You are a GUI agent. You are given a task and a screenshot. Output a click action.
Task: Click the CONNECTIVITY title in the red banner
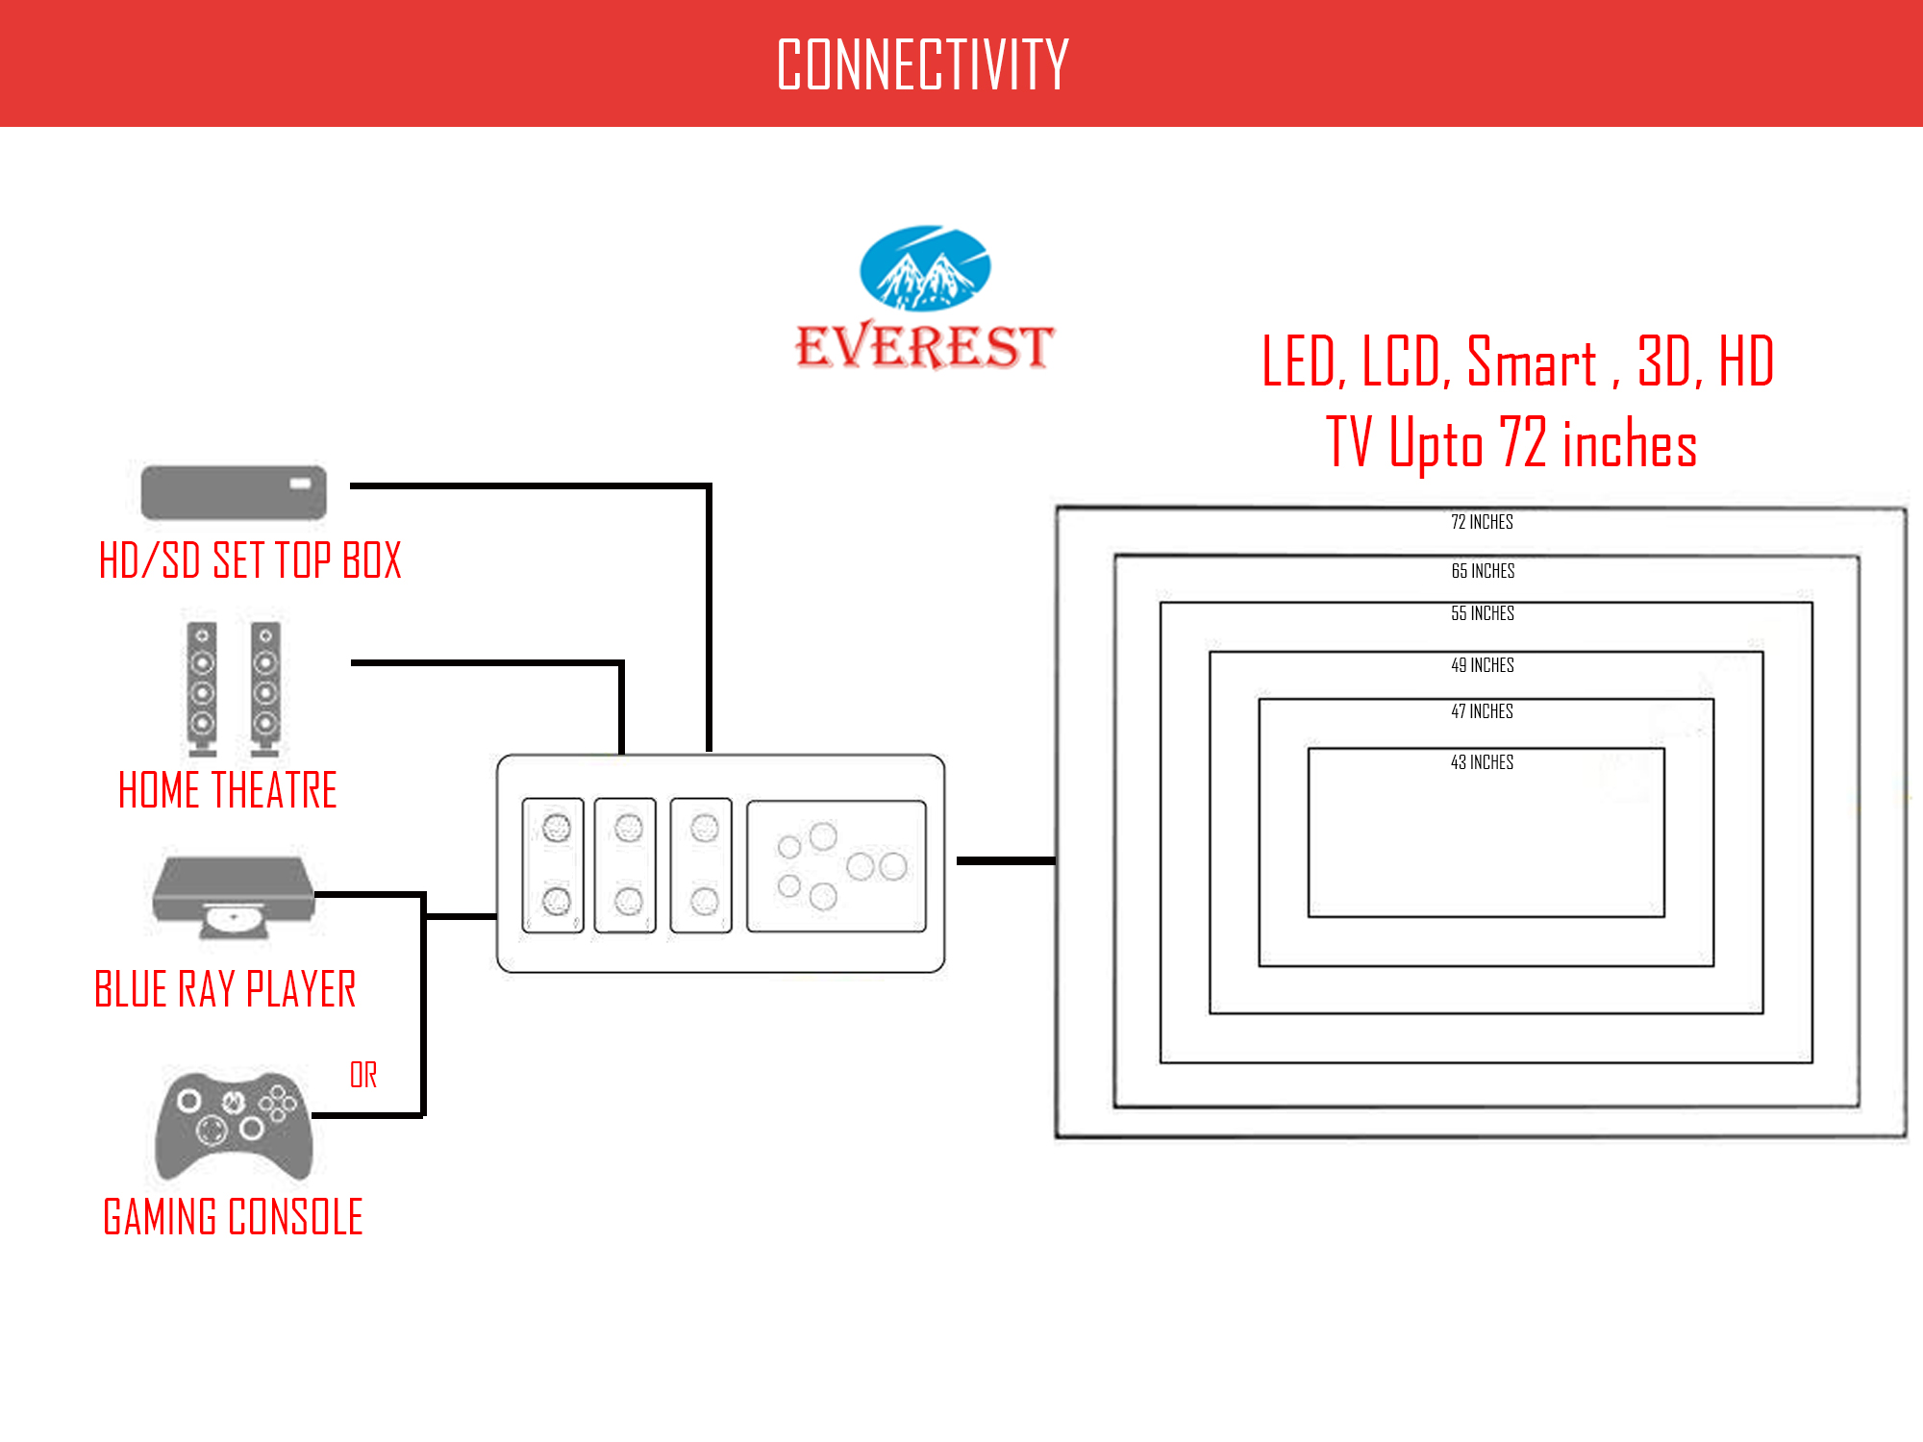click(x=922, y=64)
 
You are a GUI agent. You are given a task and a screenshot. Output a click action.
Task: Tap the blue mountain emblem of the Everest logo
click(x=924, y=268)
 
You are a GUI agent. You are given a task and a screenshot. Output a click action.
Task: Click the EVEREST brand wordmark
click(x=924, y=347)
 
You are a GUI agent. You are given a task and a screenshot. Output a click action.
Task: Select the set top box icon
click(x=234, y=492)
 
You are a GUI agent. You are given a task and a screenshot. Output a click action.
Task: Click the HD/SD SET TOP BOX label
click(x=250, y=560)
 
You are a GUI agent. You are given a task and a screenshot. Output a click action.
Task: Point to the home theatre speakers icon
click(x=234, y=688)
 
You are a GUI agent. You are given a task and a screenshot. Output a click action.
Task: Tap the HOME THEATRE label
click(x=228, y=790)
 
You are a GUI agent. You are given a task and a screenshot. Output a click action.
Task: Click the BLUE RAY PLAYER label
click(x=225, y=989)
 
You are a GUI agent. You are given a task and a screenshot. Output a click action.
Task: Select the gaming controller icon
click(x=234, y=1125)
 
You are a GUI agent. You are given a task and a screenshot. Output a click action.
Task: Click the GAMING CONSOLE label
click(x=233, y=1217)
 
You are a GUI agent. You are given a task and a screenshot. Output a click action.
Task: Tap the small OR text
click(x=363, y=1075)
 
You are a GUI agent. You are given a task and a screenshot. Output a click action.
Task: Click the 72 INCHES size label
click(x=1482, y=522)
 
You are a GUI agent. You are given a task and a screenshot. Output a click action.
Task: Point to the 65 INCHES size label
click(x=1483, y=571)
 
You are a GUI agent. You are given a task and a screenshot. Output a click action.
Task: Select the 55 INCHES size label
click(x=1483, y=613)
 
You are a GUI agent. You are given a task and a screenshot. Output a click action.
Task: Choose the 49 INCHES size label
click(x=1483, y=665)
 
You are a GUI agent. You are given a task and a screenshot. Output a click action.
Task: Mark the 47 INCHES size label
click(x=1482, y=711)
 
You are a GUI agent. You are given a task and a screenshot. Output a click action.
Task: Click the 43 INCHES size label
click(x=1482, y=762)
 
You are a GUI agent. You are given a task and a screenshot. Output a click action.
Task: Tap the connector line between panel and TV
click(x=1006, y=860)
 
